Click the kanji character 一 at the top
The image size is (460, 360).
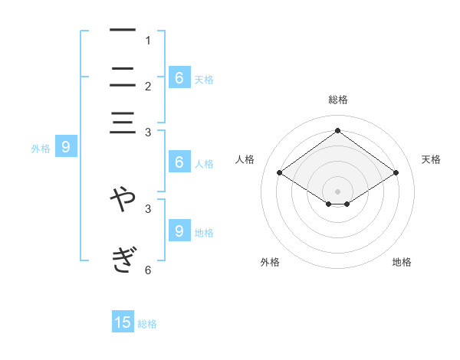click(123, 31)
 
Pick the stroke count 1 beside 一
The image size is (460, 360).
click(148, 41)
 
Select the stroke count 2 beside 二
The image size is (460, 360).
click(148, 87)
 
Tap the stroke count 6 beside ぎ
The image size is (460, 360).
click(148, 270)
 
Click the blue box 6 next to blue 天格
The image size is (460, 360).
click(179, 77)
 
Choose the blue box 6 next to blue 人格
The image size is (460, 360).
click(179, 162)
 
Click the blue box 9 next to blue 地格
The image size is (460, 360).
click(179, 230)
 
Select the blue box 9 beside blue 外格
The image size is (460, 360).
click(65, 147)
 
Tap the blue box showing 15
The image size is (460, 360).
click(123, 322)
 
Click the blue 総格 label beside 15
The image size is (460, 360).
click(147, 324)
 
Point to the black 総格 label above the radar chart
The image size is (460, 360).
click(337, 100)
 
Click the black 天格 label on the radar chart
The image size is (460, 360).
click(432, 159)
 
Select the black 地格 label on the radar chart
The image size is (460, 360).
click(402, 262)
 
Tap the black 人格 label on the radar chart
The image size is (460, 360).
click(245, 159)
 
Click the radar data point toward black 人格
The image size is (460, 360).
click(280, 173)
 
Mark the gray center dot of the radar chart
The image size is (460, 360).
click(337, 191)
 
